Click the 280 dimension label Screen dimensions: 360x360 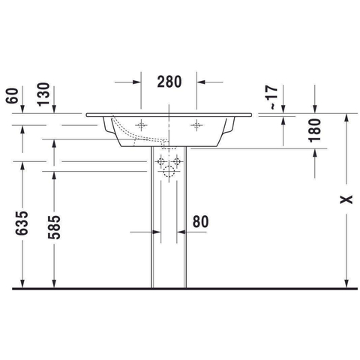169,82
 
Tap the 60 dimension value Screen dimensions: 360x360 13,96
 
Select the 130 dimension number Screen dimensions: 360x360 43,94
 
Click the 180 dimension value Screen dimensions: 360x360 314,130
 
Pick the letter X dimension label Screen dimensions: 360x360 346,199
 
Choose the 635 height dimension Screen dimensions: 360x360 22,223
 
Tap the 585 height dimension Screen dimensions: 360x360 54,227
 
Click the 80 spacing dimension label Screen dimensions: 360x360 200,221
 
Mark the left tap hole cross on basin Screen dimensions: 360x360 141,125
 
